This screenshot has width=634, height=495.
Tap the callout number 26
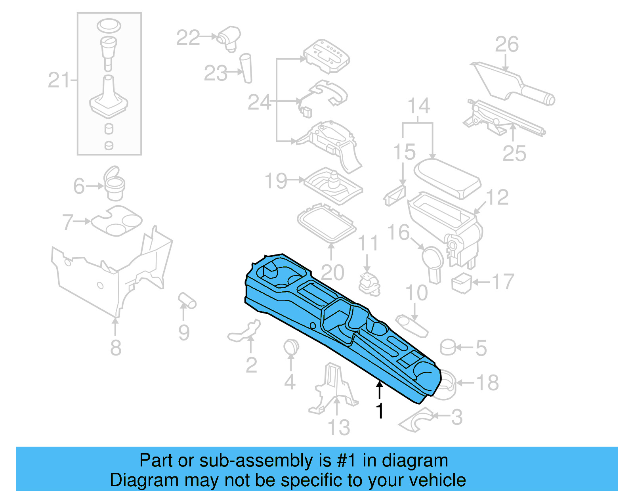(x=506, y=44)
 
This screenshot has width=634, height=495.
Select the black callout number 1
(x=380, y=411)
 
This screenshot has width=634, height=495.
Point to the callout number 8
(x=115, y=348)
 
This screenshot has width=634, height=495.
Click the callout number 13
(x=339, y=428)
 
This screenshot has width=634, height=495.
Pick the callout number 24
(x=259, y=102)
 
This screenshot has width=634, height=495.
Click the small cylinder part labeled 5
(x=448, y=347)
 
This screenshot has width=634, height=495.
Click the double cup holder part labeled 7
(x=116, y=220)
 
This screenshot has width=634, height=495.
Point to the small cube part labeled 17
(x=461, y=283)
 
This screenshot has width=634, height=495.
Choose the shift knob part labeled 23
(x=246, y=68)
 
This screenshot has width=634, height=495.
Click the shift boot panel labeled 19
(x=333, y=185)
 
